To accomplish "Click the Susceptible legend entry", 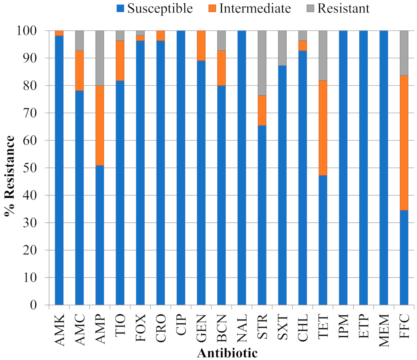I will [155, 8].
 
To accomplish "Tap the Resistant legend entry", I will [338, 8].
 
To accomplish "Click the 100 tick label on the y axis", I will [26, 30].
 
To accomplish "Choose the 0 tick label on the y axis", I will [33, 305].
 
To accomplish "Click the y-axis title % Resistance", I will [10, 176].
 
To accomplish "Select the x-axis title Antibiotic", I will [227, 353].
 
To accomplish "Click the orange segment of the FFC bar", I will [404, 143].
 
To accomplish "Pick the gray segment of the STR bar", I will [262, 63].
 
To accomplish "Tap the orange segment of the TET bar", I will [323, 128].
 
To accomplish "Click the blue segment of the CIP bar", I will [181, 167].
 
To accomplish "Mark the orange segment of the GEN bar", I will [201, 45].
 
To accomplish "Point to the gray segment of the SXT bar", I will [282, 48].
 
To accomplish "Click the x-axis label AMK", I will [60, 330].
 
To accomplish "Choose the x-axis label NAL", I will [242, 328].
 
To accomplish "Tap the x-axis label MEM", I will [384, 330].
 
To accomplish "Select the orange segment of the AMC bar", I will [79, 71].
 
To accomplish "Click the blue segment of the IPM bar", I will [343, 167].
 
